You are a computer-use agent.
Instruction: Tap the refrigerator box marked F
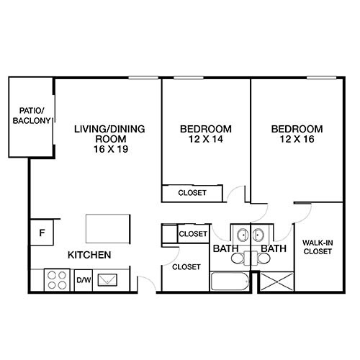42,233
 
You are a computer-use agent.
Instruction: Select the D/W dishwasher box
82,279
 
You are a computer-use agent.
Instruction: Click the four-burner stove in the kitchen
56,279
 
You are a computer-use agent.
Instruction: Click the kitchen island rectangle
109,228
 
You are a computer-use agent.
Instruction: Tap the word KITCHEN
89,256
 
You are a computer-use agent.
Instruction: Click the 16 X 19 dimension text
110,149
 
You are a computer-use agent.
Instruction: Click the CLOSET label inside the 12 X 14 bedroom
192,193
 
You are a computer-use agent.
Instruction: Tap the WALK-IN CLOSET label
317,248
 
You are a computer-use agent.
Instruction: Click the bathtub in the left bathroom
230,281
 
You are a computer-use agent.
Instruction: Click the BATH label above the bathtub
225,249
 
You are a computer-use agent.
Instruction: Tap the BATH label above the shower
274,249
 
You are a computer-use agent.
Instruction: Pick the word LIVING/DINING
110,130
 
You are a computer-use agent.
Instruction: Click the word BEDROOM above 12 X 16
297,130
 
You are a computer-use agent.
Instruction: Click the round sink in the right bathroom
258,235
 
